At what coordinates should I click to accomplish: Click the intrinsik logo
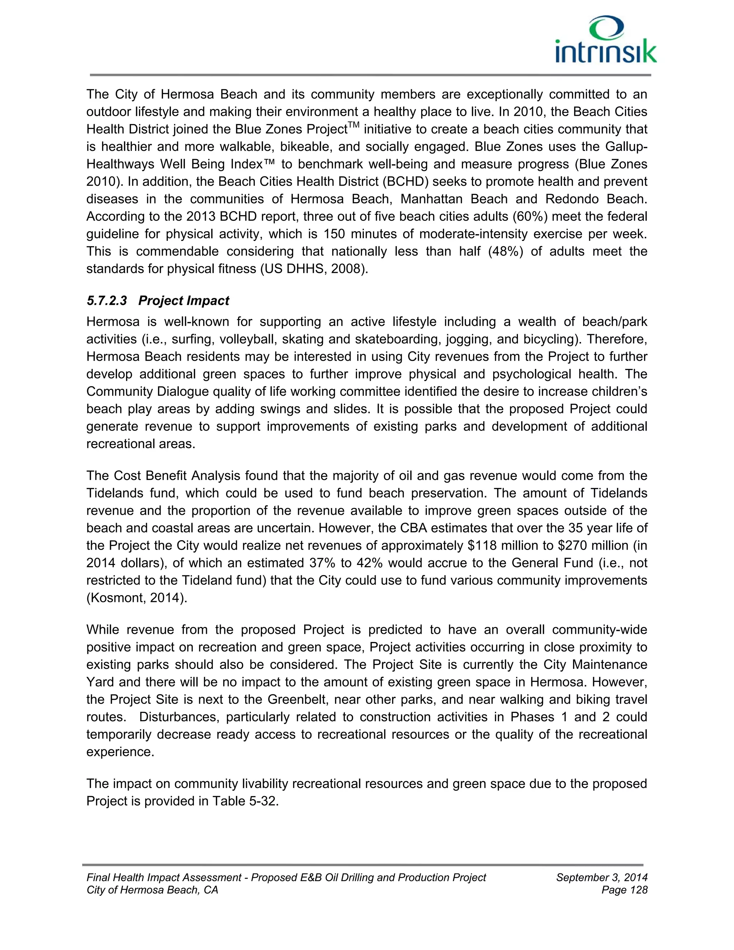point(606,41)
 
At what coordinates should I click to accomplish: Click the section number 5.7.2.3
point(107,300)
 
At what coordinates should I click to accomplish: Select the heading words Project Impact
point(183,300)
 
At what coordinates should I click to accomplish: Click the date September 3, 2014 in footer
point(601,877)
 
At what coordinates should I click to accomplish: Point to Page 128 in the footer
point(624,890)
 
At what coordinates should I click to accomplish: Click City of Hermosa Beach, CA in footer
point(152,890)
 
